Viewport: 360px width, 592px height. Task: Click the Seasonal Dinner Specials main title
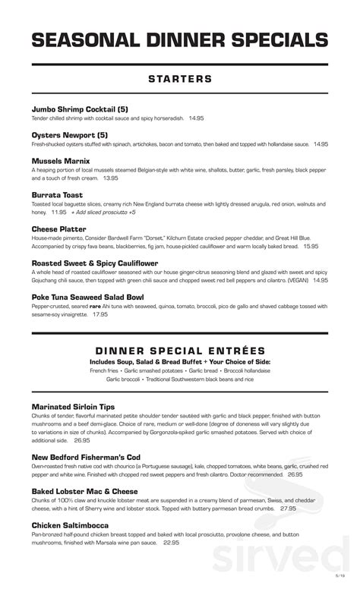(180, 41)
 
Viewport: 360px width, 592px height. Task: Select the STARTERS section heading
(180, 79)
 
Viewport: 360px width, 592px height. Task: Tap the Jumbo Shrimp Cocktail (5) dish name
(81, 109)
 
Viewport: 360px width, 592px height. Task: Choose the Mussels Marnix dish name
(61, 161)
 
